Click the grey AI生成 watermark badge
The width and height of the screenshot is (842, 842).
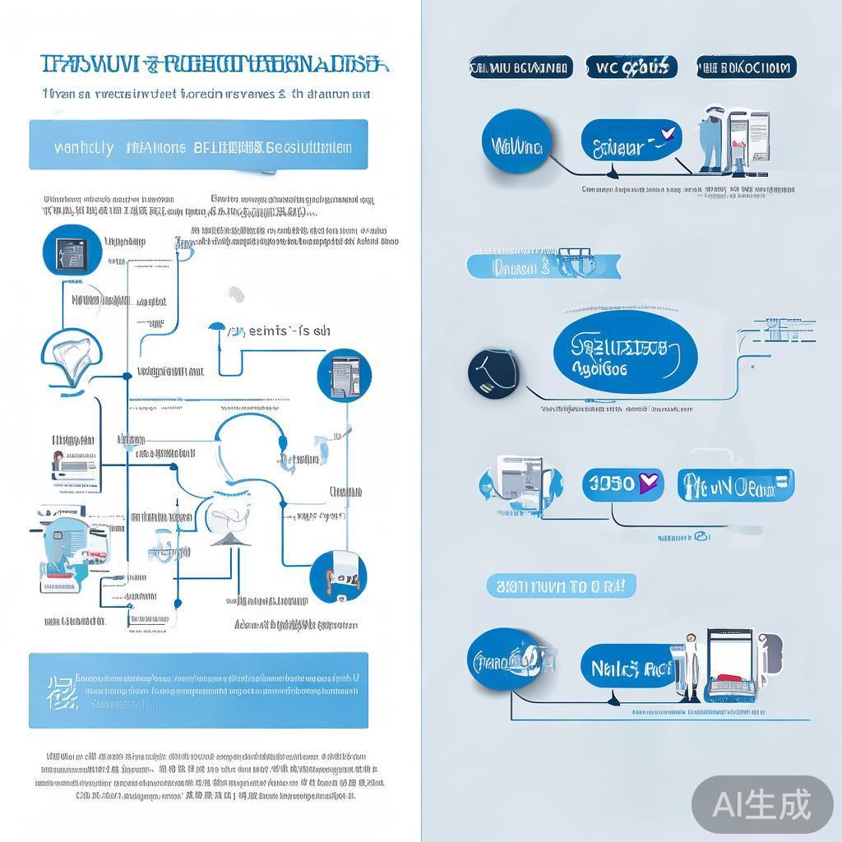click(762, 804)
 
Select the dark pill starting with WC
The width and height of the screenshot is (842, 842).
click(631, 67)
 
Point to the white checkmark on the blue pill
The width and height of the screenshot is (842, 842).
click(667, 132)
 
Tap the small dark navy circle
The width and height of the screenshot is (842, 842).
click(493, 372)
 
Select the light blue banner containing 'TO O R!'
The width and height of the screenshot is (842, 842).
click(562, 586)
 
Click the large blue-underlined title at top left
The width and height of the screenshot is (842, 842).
click(210, 66)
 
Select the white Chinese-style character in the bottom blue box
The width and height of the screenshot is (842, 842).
click(58, 692)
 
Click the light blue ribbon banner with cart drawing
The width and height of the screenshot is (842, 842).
click(544, 266)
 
